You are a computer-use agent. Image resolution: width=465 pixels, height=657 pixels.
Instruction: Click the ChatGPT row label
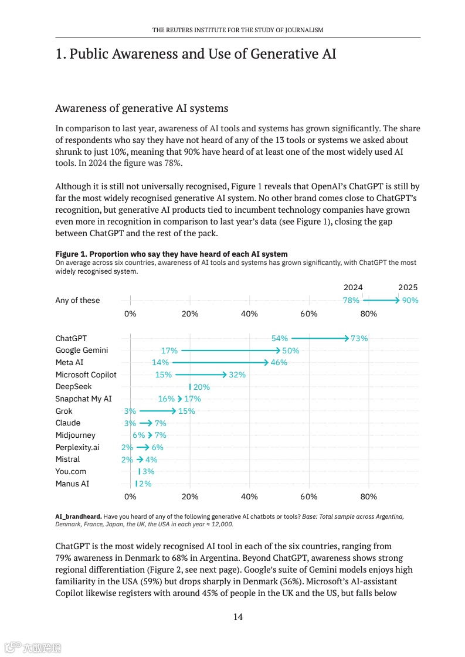click(x=71, y=338)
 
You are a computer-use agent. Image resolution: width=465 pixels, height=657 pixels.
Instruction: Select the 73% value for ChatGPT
click(x=359, y=338)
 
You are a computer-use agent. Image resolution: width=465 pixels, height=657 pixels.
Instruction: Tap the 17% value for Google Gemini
click(x=169, y=350)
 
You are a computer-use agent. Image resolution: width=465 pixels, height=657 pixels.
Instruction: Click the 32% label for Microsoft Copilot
click(x=237, y=375)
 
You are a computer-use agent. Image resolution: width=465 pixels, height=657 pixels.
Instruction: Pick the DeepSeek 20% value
click(x=201, y=387)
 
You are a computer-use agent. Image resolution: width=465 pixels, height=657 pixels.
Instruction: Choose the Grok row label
click(x=64, y=411)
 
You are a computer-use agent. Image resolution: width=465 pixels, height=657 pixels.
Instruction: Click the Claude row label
click(x=68, y=423)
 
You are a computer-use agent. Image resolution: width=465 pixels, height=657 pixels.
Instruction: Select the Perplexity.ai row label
click(x=77, y=447)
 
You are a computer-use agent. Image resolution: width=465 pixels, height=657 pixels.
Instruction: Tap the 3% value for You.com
click(x=148, y=472)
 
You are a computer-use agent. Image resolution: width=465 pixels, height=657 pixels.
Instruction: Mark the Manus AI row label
click(x=72, y=484)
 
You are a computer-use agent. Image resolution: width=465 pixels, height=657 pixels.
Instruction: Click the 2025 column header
click(x=408, y=288)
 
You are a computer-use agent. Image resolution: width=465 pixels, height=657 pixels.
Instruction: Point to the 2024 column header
click(x=353, y=288)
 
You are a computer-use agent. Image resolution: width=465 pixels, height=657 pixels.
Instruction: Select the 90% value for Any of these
click(x=410, y=300)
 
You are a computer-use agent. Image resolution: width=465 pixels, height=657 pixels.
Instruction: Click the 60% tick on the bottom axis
click(x=309, y=496)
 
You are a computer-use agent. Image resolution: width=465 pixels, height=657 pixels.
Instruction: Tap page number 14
click(x=238, y=617)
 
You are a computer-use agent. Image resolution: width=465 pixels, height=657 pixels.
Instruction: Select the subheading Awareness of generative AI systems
click(x=141, y=108)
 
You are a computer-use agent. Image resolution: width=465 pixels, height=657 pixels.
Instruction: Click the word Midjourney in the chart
click(x=75, y=435)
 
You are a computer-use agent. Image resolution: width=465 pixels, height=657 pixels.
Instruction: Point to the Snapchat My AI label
click(x=83, y=399)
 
